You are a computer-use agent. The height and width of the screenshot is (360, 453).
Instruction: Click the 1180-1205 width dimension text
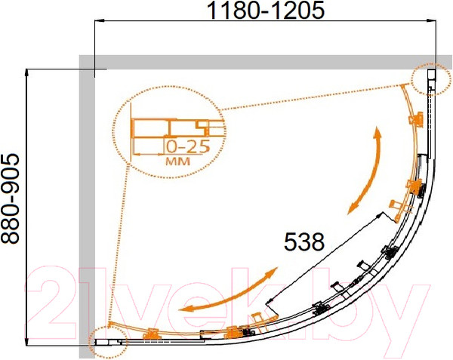[x=266, y=11]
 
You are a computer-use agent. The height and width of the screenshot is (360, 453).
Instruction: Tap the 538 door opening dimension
[x=304, y=242]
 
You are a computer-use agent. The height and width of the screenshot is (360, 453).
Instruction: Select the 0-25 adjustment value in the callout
[x=188, y=147]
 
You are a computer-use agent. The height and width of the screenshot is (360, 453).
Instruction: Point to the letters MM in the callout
[x=177, y=162]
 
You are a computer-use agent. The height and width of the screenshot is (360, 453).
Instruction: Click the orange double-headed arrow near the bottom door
[x=228, y=291]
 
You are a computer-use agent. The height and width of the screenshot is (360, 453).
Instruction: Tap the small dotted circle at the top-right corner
[x=432, y=79]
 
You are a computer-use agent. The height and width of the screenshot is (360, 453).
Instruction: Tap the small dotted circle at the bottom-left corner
[x=108, y=343]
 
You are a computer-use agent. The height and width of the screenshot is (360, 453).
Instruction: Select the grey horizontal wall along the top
[x=265, y=62]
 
